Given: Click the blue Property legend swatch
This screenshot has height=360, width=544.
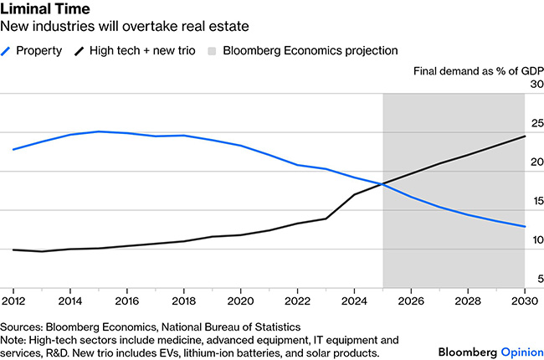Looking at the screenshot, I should [x=7, y=50].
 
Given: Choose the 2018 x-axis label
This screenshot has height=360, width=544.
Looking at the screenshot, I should [x=183, y=299].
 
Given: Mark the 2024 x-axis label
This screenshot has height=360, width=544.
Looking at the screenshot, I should [x=354, y=299].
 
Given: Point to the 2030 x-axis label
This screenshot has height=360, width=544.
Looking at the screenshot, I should [x=524, y=299].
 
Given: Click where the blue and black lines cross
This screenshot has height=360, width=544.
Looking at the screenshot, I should [x=382, y=184].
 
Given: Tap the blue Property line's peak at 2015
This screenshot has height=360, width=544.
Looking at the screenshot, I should [x=99, y=131].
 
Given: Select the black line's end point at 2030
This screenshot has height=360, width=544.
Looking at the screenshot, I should [x=525, y=136].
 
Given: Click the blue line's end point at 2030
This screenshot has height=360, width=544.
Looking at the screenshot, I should [x=525, y=227].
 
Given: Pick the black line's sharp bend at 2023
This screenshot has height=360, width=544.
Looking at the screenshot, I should [x=326, y=219].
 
